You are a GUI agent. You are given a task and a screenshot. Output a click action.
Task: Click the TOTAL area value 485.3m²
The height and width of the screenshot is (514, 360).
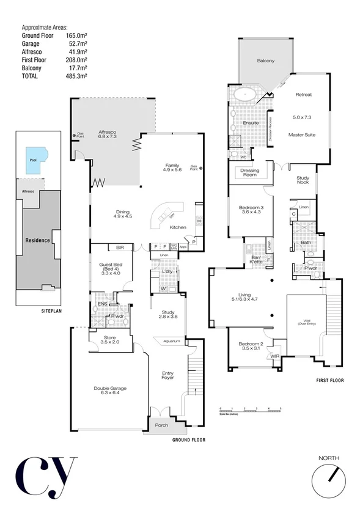tap(76, 76)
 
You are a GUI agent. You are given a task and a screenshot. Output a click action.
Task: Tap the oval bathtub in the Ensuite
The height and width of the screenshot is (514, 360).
tap(245, 95)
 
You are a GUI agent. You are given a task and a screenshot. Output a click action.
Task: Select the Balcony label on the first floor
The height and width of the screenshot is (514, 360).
tap(265, 61)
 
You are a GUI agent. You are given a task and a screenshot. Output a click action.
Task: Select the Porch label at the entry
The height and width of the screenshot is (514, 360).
tap(161, 425)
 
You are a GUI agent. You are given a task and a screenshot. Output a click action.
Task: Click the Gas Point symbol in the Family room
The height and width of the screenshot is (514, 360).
tap(200, 168)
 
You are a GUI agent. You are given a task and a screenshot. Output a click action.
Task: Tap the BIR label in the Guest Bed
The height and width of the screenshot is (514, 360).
tap(120, 248)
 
